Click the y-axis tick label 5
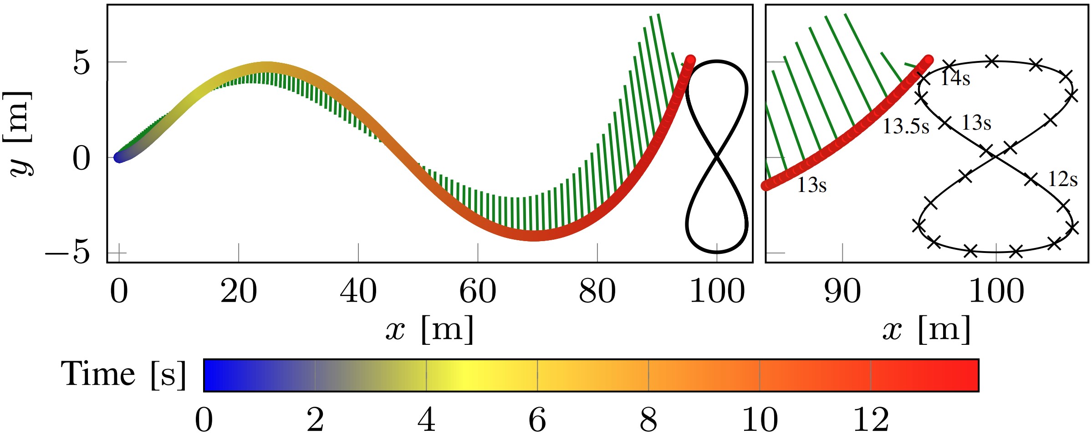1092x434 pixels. click(82, 63)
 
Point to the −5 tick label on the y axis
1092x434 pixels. click(67, 252)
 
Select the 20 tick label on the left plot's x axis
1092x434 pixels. click(239, 291)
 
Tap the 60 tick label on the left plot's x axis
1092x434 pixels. click(478, 291)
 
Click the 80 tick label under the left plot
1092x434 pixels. click(597, 291)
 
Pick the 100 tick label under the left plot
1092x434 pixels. click(717, 291)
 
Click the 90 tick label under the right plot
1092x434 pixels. click(842, 291)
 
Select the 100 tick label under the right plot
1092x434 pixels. click(996, 291)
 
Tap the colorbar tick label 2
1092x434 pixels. click(315, 419)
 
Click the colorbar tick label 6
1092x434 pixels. click(537, 419)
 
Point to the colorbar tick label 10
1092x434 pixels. click(760, 419)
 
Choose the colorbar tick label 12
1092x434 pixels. click(871, 419)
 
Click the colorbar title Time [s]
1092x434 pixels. click(123, 374)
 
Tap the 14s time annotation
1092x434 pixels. click(955, 78)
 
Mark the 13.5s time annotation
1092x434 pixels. click(906, 126)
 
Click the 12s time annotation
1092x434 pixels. click(1063, 179)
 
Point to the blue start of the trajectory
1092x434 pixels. click(119, 157)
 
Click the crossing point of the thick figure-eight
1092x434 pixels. click(717, 156)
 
